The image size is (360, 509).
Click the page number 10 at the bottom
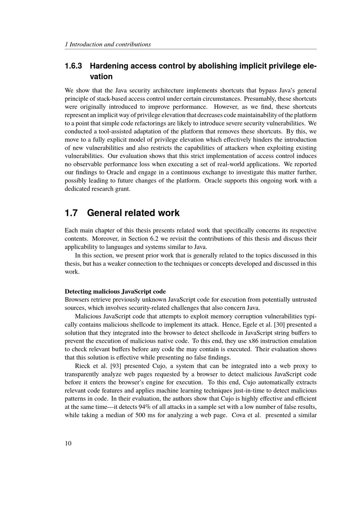point(68,443)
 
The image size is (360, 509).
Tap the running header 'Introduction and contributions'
point(110,45)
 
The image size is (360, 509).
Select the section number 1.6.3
point(73,66)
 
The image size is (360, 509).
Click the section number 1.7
point(71,213)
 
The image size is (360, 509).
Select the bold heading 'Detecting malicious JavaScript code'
point(115,291)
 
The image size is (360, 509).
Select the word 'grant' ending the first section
point(122,189)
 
